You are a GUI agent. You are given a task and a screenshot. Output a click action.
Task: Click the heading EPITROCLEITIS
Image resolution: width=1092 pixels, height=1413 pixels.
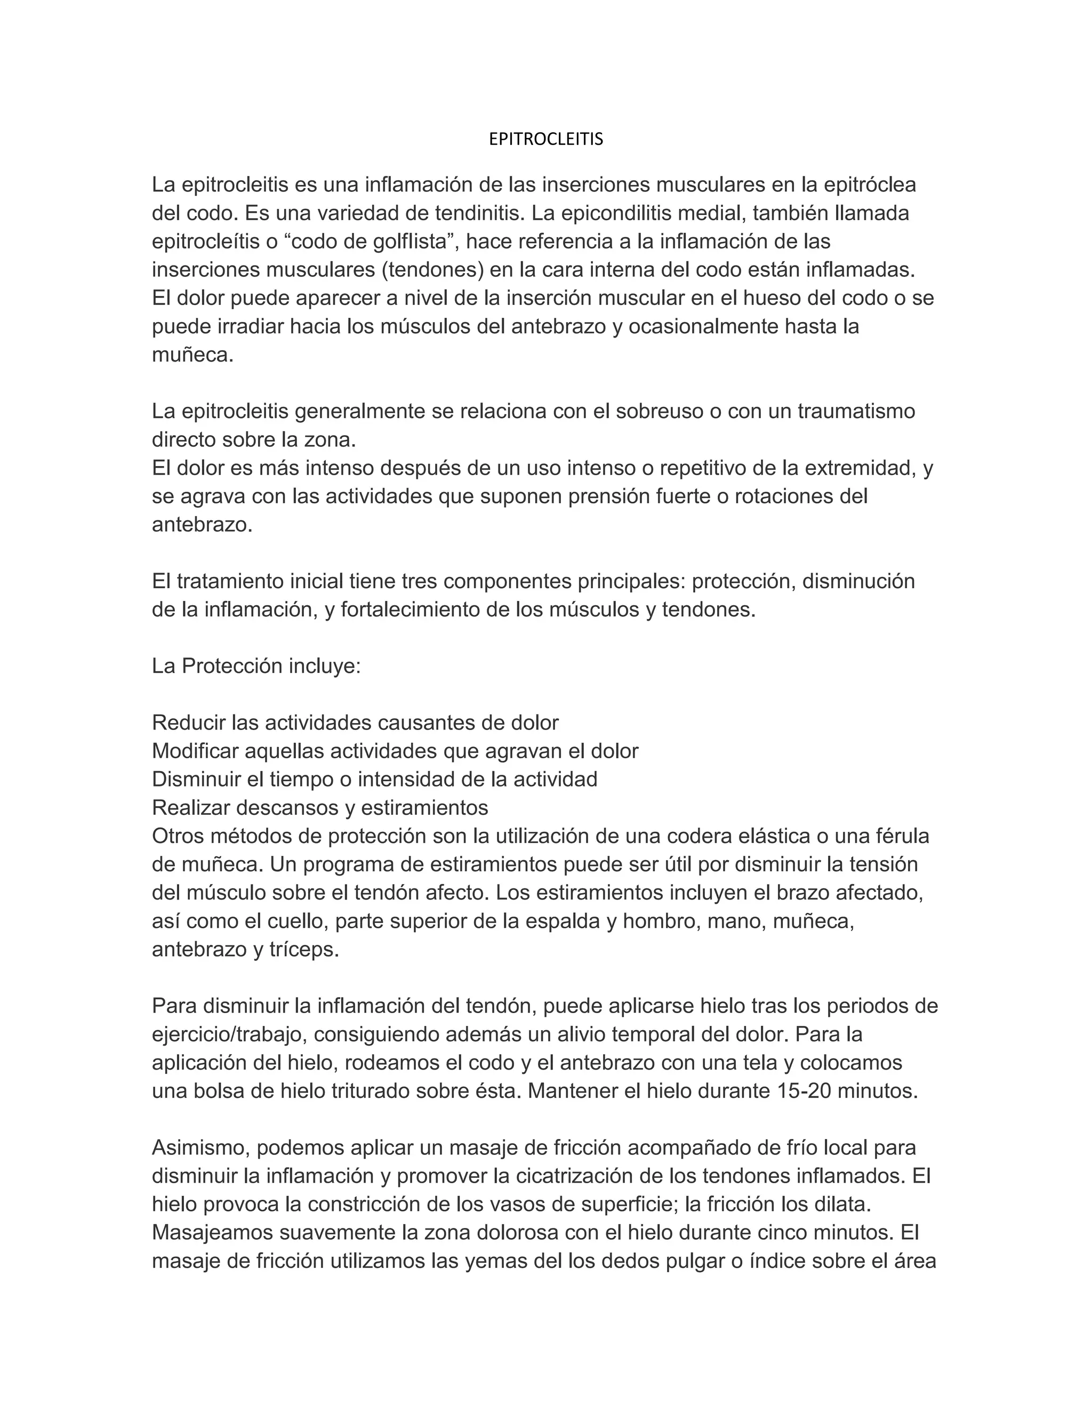click(x=545, y=139)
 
